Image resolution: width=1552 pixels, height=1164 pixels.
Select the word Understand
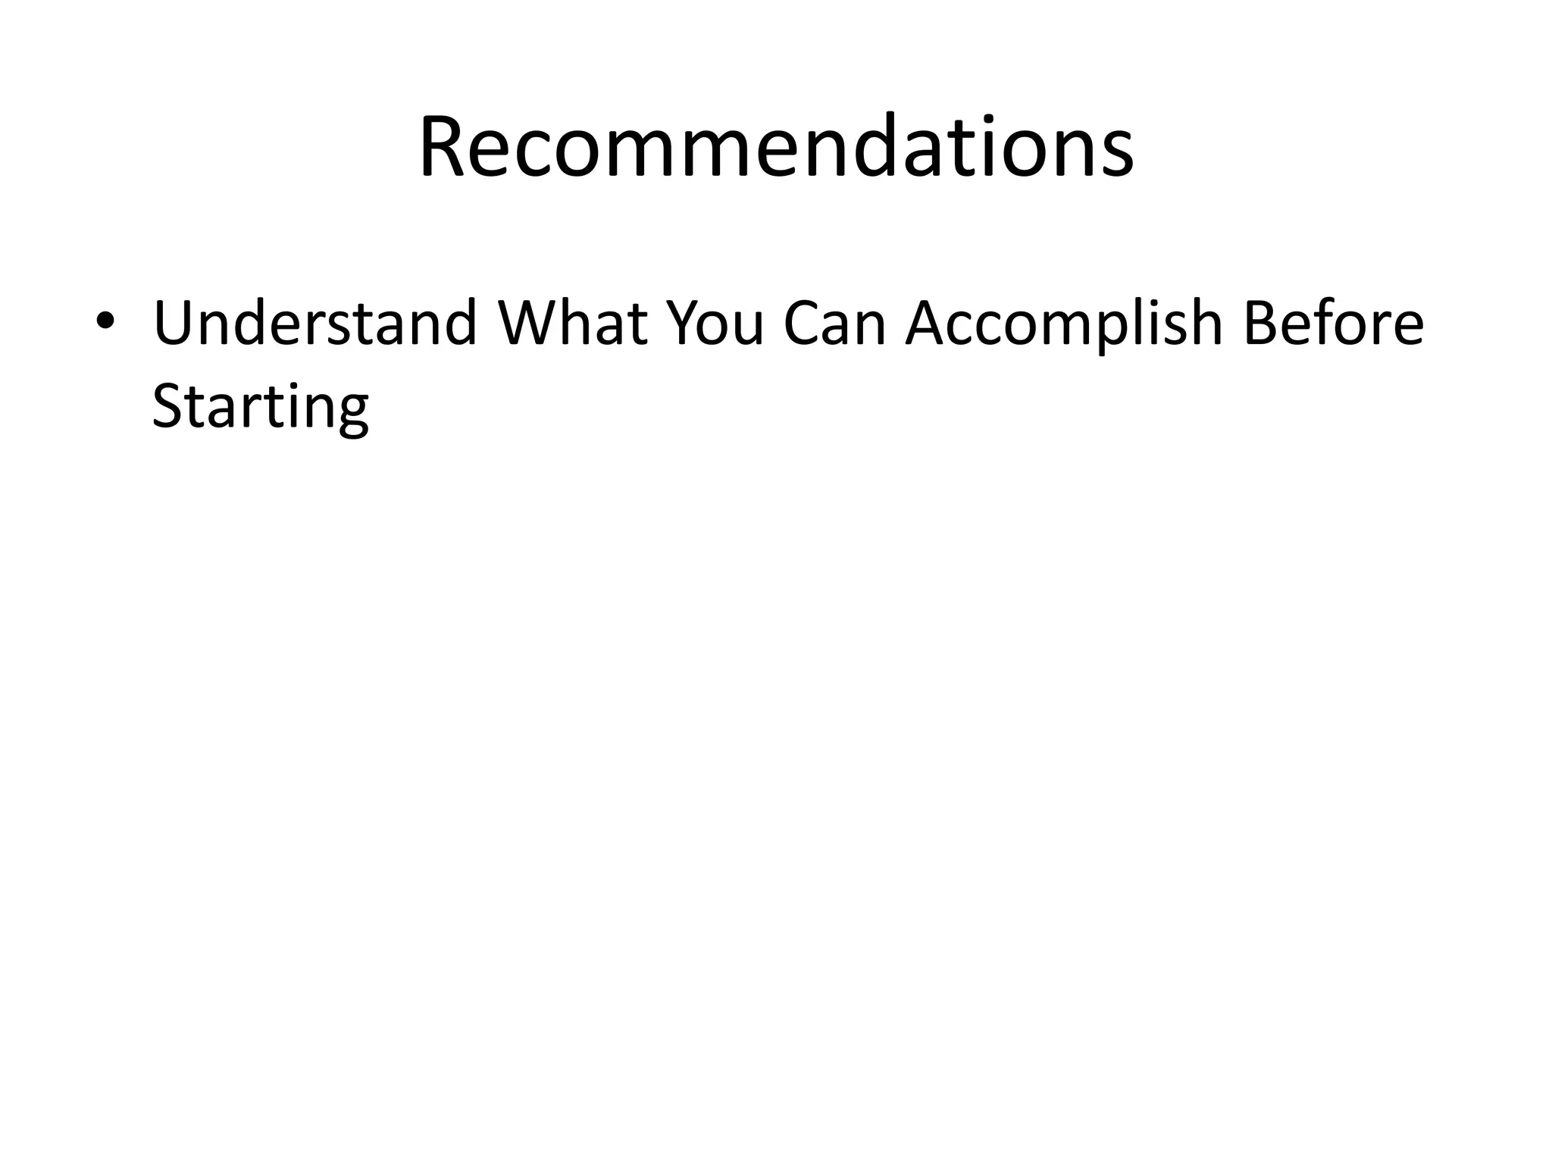pos(314,323)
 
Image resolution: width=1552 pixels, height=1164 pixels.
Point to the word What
pos(572,323)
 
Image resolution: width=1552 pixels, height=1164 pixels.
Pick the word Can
pos(834,323)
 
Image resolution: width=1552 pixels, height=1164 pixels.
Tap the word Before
pos(1334,323)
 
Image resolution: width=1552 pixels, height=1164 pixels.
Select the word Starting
pos(260,408)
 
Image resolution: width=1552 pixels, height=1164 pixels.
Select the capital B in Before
pos(1262,323)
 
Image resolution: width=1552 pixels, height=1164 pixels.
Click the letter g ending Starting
pos(350,413)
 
